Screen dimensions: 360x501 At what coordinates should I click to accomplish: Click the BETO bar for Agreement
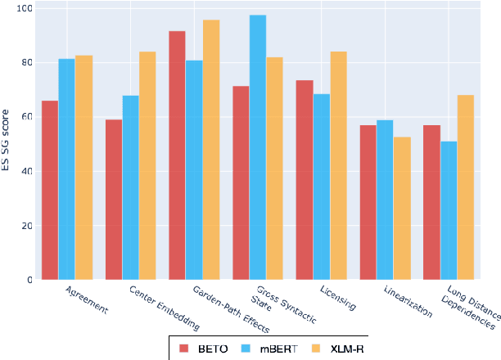(x=50, y=190)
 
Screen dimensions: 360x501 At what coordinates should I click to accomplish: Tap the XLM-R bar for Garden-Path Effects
(x=211, y=150)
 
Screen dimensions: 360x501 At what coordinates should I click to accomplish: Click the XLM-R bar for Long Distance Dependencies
(x=466, y=187)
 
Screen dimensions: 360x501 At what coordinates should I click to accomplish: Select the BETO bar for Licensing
(x=305, y=180)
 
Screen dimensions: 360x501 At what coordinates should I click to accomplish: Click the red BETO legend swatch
(x=184, y=349)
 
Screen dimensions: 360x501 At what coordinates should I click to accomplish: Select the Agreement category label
(x=85, y=299)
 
